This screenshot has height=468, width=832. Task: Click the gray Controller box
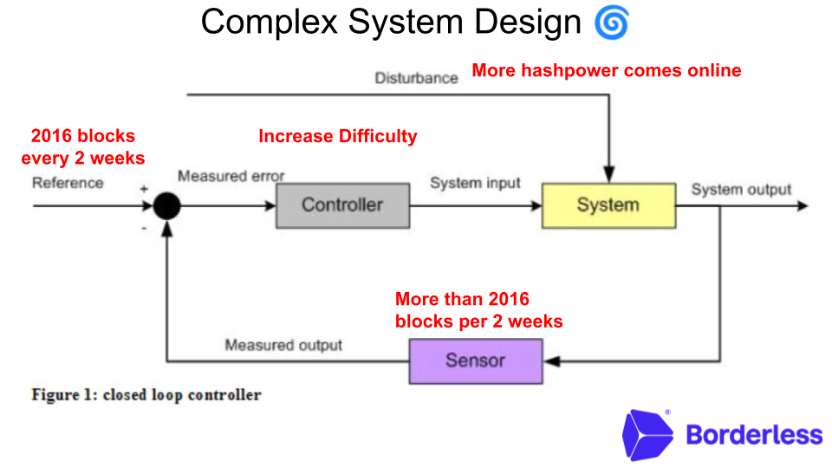[x=342, y=205]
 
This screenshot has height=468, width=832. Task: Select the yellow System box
[x=608, y=205]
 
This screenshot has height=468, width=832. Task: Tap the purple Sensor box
[x=475, y=361]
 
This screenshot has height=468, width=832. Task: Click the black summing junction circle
[x=166, y=206]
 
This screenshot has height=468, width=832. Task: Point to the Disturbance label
[x=416, y=78]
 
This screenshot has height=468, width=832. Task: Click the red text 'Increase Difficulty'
[x=338, y=136]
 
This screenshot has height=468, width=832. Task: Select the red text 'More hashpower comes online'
[x=607, y=70]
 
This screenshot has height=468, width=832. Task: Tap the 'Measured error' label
[x=231, y=177]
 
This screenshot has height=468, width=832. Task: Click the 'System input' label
[x=476, y=183]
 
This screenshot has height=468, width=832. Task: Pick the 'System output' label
[x=741, y=190]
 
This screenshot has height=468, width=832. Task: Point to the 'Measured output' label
[x=283, y=345]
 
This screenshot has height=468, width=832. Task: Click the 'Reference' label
[x=68, y=183]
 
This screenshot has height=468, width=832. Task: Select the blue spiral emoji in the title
[x=611, y=23]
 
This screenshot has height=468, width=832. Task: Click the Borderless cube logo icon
[x=647, y=434]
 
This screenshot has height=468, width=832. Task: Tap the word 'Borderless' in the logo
[x=753, y=434]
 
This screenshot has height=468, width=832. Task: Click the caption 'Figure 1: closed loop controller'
[x=146, y=395]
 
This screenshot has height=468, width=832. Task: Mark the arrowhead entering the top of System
[x=609, y=176]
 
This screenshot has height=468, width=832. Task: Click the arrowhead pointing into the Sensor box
[x=550, y=361]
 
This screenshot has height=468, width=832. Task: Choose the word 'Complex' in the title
[x=270, y=23]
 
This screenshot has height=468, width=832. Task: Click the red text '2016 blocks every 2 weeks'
[x=83, y=147]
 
